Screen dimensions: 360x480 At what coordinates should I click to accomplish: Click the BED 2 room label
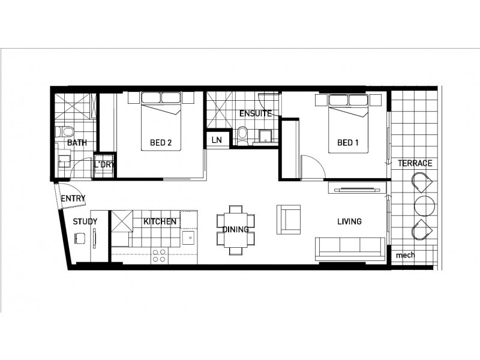tap(161, 143)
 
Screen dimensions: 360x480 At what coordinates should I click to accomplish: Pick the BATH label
tap(77, 143)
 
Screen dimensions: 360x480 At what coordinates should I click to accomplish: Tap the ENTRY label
tap(73, 199)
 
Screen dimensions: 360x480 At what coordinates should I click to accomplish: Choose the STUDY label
tap(85, 221)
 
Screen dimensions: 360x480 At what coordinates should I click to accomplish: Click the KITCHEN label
tap(160, 221)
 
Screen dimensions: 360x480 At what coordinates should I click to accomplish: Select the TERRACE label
tap(415, 163)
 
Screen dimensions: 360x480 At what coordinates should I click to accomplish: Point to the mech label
tap(405, 256)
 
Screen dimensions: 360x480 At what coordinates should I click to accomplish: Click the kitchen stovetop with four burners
tap(159, 256)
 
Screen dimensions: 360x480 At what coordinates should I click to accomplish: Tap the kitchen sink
tap(188, 239)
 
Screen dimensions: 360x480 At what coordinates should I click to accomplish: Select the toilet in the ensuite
tap(242, 134)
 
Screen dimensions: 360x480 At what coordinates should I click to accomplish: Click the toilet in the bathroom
tap(67, 131)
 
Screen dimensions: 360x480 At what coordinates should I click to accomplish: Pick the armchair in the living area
tap(288, 219)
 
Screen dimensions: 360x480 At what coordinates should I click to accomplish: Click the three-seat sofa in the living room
tap(350, 247)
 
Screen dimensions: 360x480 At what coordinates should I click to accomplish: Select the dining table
tap(235, 229)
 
